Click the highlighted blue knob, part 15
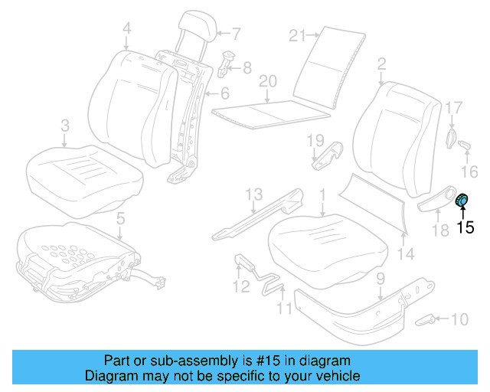click(463, 201)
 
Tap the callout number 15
click(465, 227)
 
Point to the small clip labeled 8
click(227, 62)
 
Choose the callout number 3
click(65, 124)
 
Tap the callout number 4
click(126, 29)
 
